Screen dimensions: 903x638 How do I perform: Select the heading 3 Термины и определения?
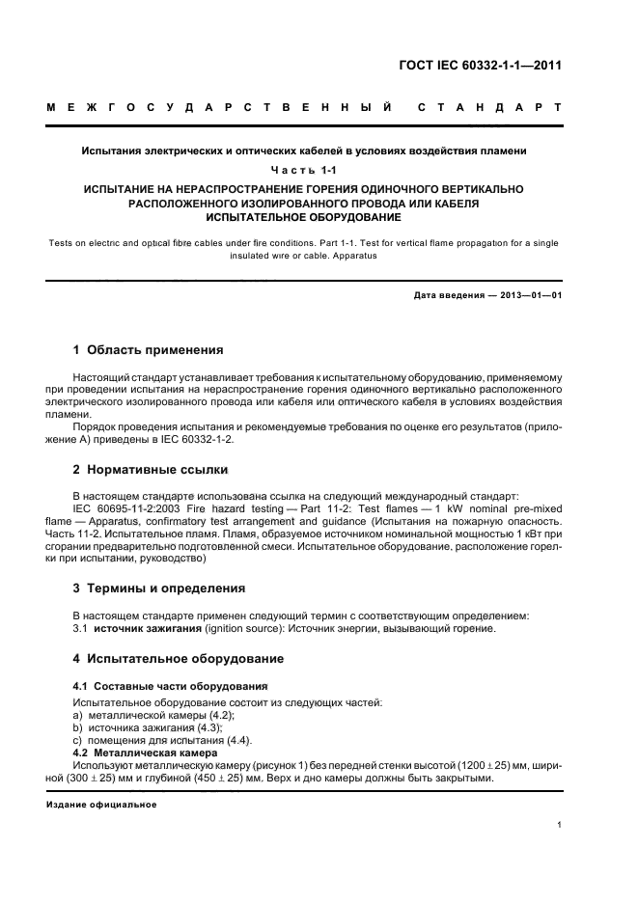click(x=159, y=588)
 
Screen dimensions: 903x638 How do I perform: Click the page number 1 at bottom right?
click(x=560, y=824)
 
